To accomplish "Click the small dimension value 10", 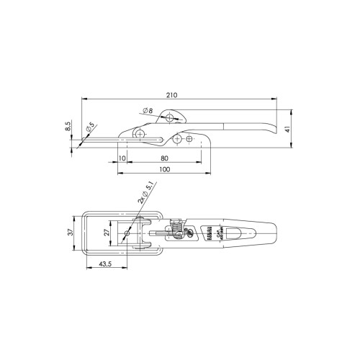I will coord(122,158).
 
